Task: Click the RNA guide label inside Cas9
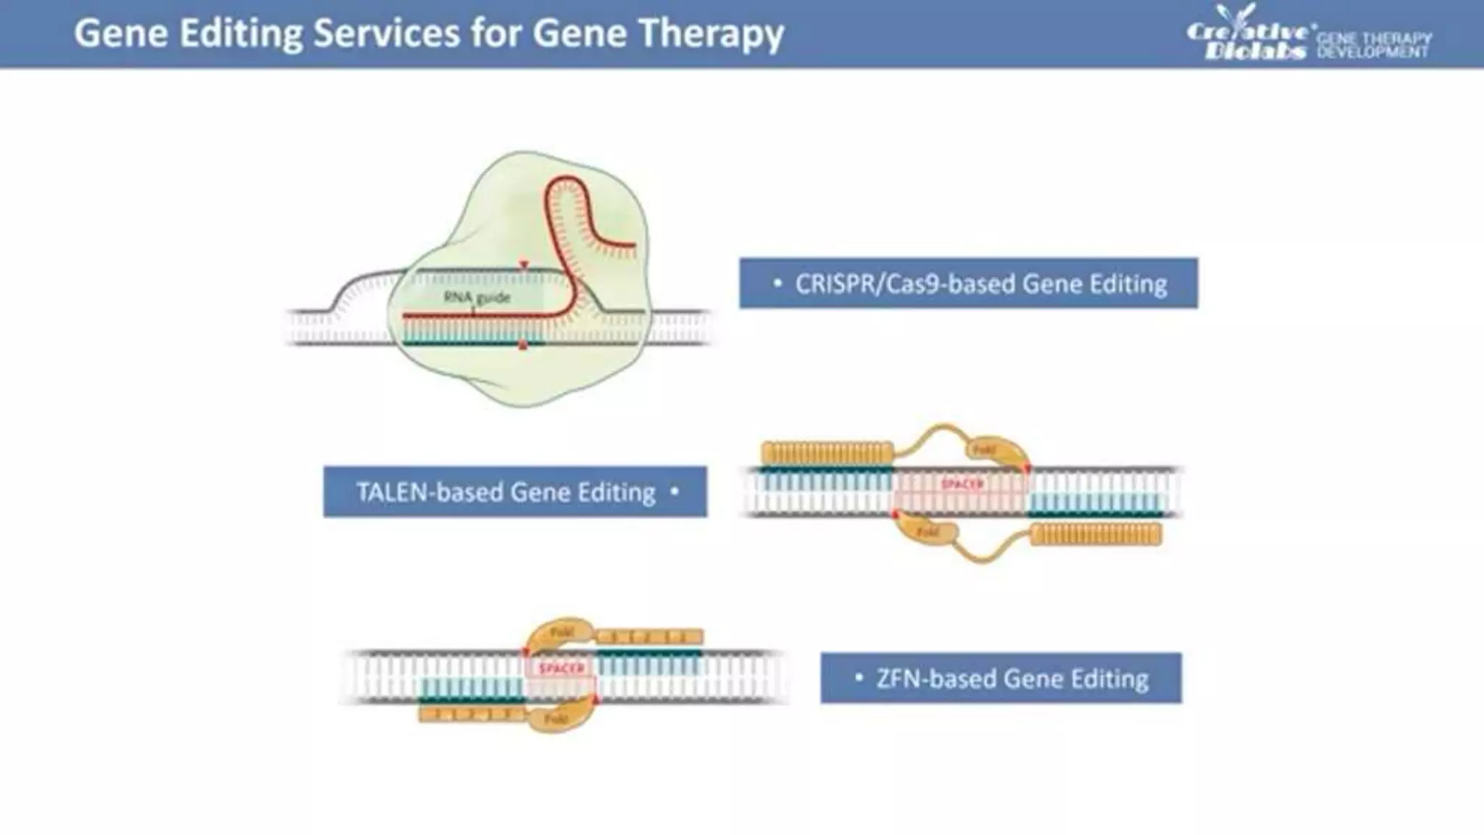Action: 477,297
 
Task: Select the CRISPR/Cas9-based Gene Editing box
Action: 968,283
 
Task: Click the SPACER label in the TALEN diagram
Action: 962,483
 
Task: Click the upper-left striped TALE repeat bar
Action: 827,454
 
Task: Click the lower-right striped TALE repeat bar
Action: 1096,535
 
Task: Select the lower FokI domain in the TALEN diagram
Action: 930,532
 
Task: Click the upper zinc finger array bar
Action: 649,638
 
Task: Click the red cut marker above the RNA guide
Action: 524,266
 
